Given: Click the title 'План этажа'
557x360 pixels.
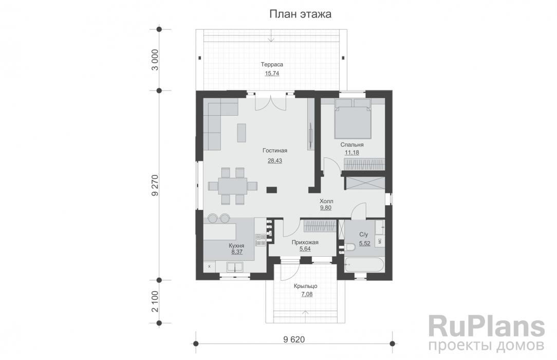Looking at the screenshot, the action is [300, 14].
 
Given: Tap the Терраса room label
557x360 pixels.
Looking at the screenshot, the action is [272, 65].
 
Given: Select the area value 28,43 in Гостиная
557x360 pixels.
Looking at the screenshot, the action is [274, 160].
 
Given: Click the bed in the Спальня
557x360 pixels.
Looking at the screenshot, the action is [352, 119].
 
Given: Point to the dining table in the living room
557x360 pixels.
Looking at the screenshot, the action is [233, 186].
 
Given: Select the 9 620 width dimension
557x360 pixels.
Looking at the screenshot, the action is [294, 339].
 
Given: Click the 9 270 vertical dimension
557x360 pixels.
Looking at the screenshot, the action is [155, 185].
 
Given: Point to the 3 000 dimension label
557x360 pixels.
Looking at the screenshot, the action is [155, 60].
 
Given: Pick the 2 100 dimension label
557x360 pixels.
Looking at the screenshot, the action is [155, 302].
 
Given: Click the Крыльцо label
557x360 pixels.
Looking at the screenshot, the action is [306, 286].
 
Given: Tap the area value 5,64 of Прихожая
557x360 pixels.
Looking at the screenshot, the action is [305, 249].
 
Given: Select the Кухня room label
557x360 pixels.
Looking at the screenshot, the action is [236, 245].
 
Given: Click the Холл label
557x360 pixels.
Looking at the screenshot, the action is [326, 201].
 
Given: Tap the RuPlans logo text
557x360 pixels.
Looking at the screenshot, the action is [486, 326].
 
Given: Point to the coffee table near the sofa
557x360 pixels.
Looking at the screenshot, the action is [241, 133].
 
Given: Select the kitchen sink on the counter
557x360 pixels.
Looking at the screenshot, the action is [235, 266].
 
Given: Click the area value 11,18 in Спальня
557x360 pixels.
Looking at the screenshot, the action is [351, 152].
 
